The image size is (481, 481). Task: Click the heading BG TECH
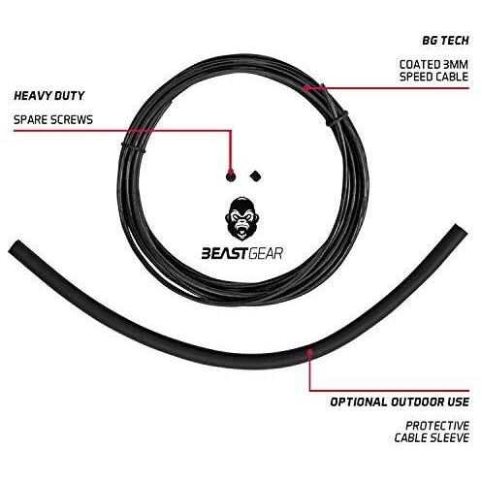(x=445, y=41)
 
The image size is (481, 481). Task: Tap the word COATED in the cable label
(x=419, y=64)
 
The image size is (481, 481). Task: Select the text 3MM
(x=455, y=64)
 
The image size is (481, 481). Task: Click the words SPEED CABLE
(x=433, y=77)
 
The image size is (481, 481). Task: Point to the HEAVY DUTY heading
(x=49, y=96)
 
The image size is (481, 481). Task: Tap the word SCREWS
(x=71, y=120)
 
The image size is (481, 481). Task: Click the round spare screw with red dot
(x=231, y=176)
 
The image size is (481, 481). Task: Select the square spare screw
(x=256, y=176)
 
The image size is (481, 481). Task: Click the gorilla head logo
(x=242, y=219)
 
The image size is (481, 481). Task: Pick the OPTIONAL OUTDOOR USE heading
(x=400, y=402)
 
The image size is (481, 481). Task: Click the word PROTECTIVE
(x=437, y=426)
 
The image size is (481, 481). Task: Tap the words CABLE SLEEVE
(x=432, y=437)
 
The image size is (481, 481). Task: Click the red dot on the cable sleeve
(x=309, y=353)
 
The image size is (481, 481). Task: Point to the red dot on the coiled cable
(x=305, y=87)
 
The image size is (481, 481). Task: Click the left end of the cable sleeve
(x=14, y=247)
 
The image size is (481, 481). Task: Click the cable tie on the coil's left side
(x=133, y=146)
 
